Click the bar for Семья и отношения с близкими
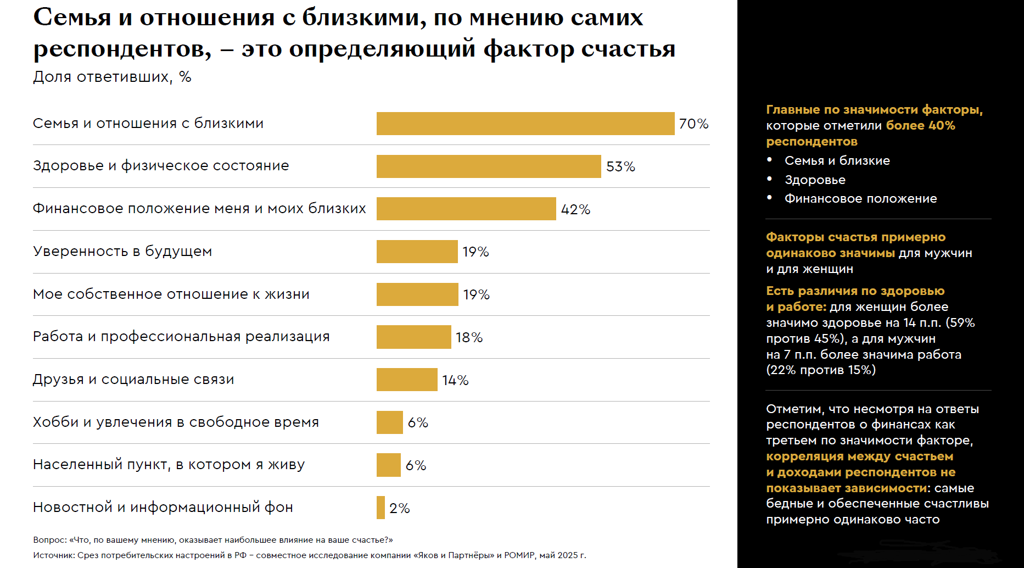pyautogui.click(x=525, y=124)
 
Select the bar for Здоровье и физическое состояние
pyautogui.click(x=489, y=166)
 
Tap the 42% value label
pyautogui.click(x=575, y=209)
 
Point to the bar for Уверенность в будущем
pyautogui.click(x=417, y=252)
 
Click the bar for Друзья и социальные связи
pyautogui.click(x=407, y=380)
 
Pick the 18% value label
pyautogui.click(x=469, y=337)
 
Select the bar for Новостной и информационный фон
pyautogui.click(x=380, y=508)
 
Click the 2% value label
pyautogui.click(x=399, y=508)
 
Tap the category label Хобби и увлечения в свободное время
pyautogui.click(x=176, y=422)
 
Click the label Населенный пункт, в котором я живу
pyautogui.click(x=169, y=465)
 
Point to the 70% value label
pyautogui.click(x=693, y=124)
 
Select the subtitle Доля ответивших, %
pyautogui.click(x=112, y=77)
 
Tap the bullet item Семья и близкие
pyautogui.click(x=837, y=160)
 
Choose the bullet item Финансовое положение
pyautogui.click(x=860, y=198)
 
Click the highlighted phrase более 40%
pyautogui.click(x=920, y=125)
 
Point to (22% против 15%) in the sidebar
pyautogui.click(x=821, y=370)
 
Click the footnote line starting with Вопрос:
pyautogui.click(x=212, y=540)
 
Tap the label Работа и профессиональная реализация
pyautogui.click(x=181, y=337)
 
